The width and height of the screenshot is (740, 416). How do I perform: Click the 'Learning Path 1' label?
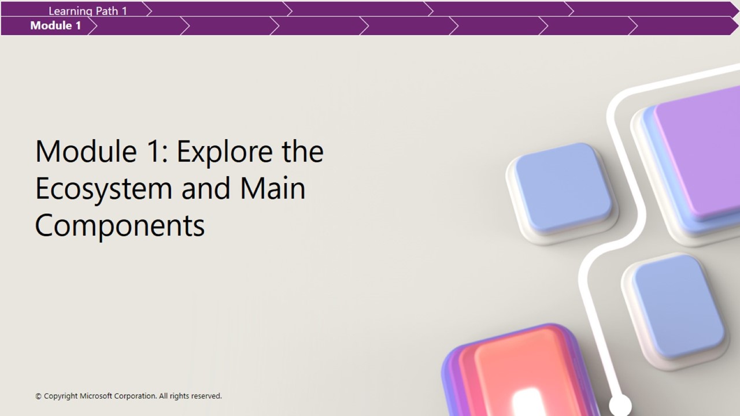88,11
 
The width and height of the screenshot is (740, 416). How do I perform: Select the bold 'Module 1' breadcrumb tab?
55,25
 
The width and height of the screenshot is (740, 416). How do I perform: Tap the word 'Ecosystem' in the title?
103,189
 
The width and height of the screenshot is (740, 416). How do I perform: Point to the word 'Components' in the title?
120,225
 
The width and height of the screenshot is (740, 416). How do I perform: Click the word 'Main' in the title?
272,188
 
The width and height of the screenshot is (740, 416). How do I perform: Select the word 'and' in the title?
206,188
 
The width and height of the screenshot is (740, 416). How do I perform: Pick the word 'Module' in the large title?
86,151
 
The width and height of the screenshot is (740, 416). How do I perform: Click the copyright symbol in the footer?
38,396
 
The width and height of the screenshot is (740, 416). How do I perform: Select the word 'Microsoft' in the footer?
96,396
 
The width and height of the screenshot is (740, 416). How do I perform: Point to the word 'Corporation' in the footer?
135,396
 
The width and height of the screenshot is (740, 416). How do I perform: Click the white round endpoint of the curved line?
620,405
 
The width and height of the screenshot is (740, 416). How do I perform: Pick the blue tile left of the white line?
563,188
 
